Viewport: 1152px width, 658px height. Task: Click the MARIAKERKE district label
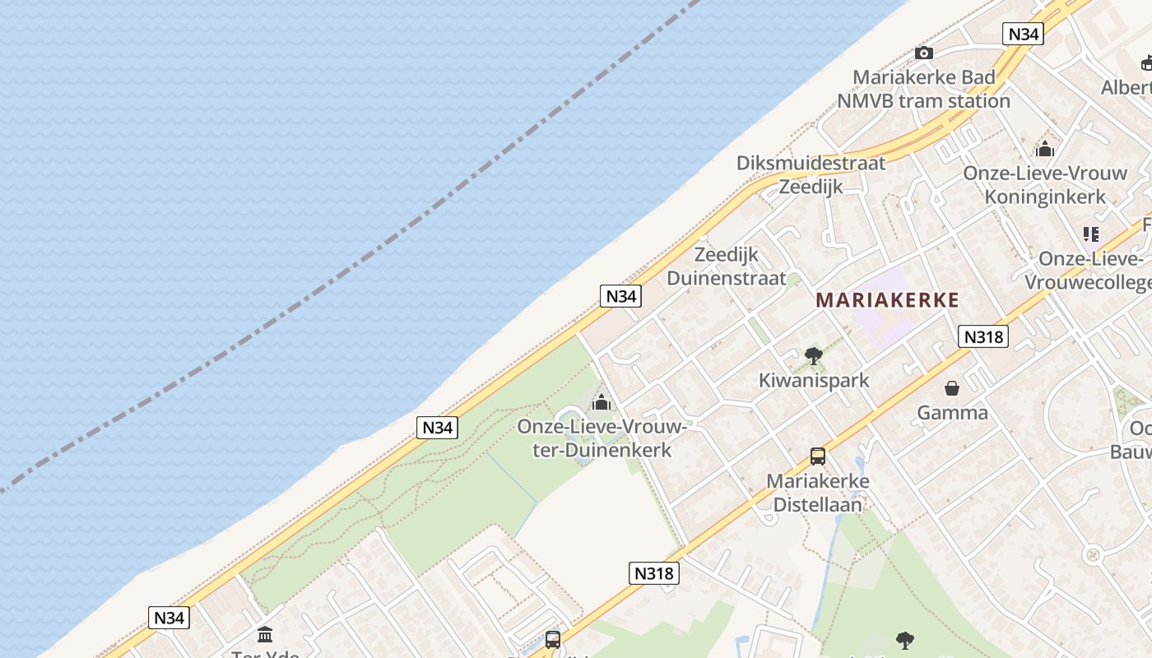[x=887, y=300]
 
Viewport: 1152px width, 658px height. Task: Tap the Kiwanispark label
[x=814, y=380]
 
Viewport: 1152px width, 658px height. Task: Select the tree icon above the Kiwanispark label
[x=814, y=356]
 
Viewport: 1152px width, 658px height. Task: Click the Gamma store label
[x=952, y=412]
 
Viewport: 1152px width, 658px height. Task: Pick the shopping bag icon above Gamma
[x=952, y=388]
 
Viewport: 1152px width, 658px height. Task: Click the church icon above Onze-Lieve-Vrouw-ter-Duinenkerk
[x=602, y=402]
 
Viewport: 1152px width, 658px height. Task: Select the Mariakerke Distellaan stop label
[x=817, y=492]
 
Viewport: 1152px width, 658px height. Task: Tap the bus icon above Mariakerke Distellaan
[x=817, y=456]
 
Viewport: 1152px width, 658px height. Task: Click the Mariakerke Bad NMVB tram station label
[x=923, y=89]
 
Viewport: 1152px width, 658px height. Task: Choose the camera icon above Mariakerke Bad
[x=924, y=53]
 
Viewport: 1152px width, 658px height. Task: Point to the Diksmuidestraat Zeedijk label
[x=811, y=174]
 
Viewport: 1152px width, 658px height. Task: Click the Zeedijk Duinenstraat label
[x=727, y=266]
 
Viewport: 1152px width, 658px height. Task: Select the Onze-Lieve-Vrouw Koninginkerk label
[x=1045, y=185]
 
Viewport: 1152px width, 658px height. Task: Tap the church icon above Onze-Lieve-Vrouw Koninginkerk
[x=1045, y=149]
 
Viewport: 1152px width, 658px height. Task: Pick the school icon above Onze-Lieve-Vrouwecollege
[x=1091, y=234]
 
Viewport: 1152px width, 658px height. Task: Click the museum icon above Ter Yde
[x=265, y=634]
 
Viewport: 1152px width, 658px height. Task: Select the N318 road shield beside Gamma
[x=983, y=336]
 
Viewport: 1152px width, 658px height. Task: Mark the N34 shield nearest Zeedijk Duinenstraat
[x=620, y=296]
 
